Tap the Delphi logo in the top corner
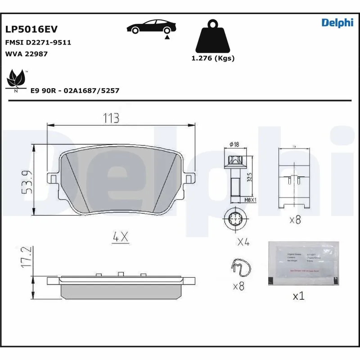pos(337,23)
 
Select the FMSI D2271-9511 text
pos(38,42)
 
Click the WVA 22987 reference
pos(26,54)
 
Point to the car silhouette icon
pos(150,27)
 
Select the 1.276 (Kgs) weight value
pos(213,58)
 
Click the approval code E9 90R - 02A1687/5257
pos(75,90)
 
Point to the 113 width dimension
pos(111,118)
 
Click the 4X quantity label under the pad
pos(121,236)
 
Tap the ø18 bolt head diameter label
pos(234,144)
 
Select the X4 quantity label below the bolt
pos(243,242)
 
